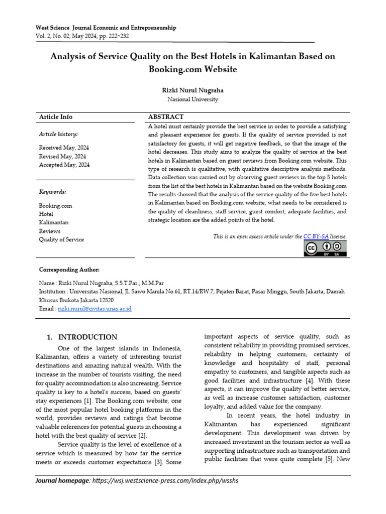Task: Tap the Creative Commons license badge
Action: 325,248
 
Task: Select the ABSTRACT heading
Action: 166,117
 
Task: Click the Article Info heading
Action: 56,117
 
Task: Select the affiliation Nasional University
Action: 192,99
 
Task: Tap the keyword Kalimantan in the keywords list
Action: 54,222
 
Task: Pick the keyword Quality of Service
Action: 61,239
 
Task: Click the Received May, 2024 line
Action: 64,148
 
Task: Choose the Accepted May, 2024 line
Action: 64,165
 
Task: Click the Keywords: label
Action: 53,192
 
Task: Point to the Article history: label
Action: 58,134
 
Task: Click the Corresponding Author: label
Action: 69,270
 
